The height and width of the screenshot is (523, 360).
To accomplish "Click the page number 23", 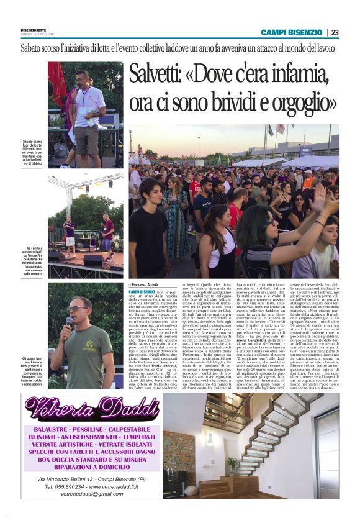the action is pos(335,32).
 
